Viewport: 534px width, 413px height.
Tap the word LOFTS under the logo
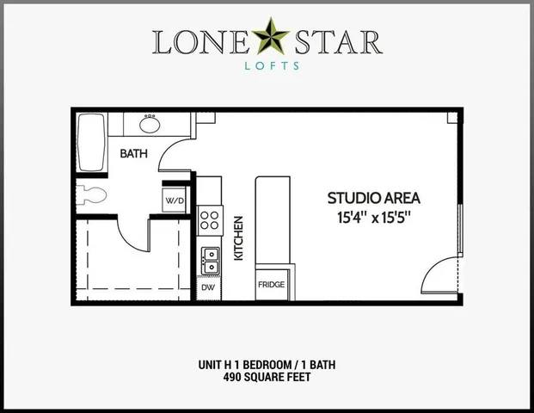click(267, 65)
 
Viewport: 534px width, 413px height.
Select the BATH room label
click(133, 155)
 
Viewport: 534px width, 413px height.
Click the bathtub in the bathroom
click(89, 144)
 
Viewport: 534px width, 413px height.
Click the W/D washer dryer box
click(175, 200)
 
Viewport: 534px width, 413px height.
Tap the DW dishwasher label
click(208, 287)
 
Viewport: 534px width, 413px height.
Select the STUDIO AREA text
click(373, 198)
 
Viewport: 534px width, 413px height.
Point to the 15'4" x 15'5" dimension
click(374, 217)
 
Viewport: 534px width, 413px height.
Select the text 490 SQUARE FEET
click(267, 377)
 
